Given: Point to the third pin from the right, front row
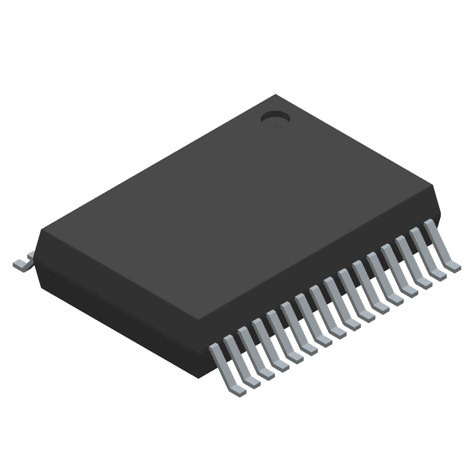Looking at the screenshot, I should point(413,260).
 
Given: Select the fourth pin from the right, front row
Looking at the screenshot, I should point(399,267).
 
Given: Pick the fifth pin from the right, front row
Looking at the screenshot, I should point(384,275).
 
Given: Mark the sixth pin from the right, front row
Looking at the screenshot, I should point(370,283).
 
